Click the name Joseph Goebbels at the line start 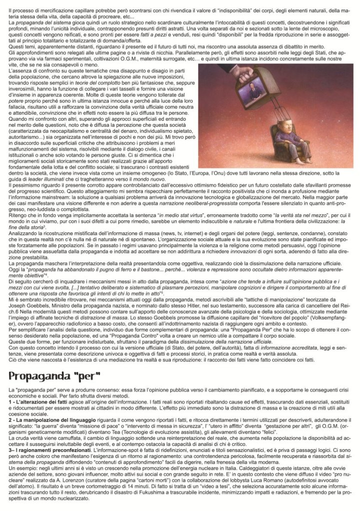tap(28, 292)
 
